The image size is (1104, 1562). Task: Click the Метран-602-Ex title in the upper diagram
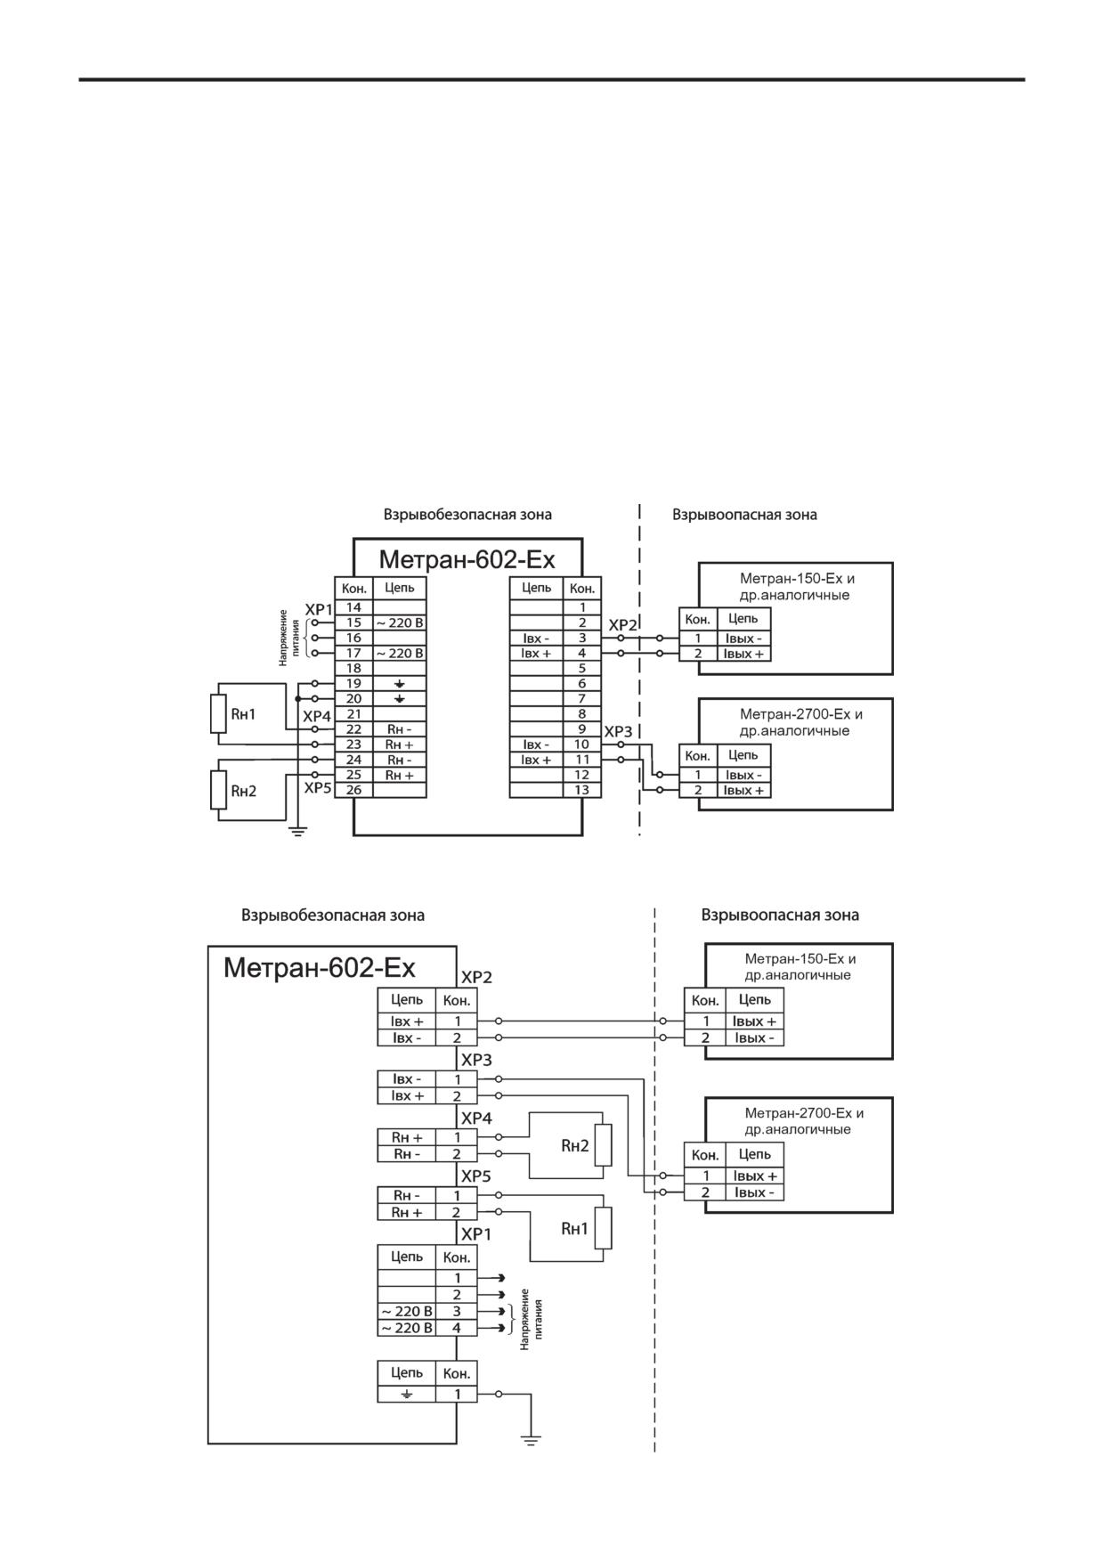pos(467,559)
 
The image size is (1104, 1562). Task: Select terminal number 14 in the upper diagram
pos(353,607)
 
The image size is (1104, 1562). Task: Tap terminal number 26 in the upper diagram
pos(353,790)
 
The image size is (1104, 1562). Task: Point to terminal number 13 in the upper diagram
pos(581,790)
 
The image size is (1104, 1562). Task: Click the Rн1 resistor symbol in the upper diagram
pos(219,714)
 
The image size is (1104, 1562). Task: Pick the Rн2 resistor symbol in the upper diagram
pos(219,790)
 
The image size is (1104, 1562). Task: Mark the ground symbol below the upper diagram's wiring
pos(299,831)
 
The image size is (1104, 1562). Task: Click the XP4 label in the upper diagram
pos(317,716)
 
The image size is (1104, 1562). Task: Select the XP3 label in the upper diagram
pos(619,732)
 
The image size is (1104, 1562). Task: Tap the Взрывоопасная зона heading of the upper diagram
pos(744,515)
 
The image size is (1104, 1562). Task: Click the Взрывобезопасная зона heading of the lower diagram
pos(333,915)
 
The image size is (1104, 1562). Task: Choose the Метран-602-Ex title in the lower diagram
pos(319,967)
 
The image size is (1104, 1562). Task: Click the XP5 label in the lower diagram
pos(476,1176)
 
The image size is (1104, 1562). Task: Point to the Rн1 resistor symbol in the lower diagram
pos(605,1229)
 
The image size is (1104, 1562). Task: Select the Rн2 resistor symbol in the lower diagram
pos(605,1145)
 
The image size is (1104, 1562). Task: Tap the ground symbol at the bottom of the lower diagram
pos(531,1440)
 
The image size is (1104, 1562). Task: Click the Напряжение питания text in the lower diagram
pos(532,1320)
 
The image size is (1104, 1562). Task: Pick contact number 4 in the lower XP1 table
pos(457,1328)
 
